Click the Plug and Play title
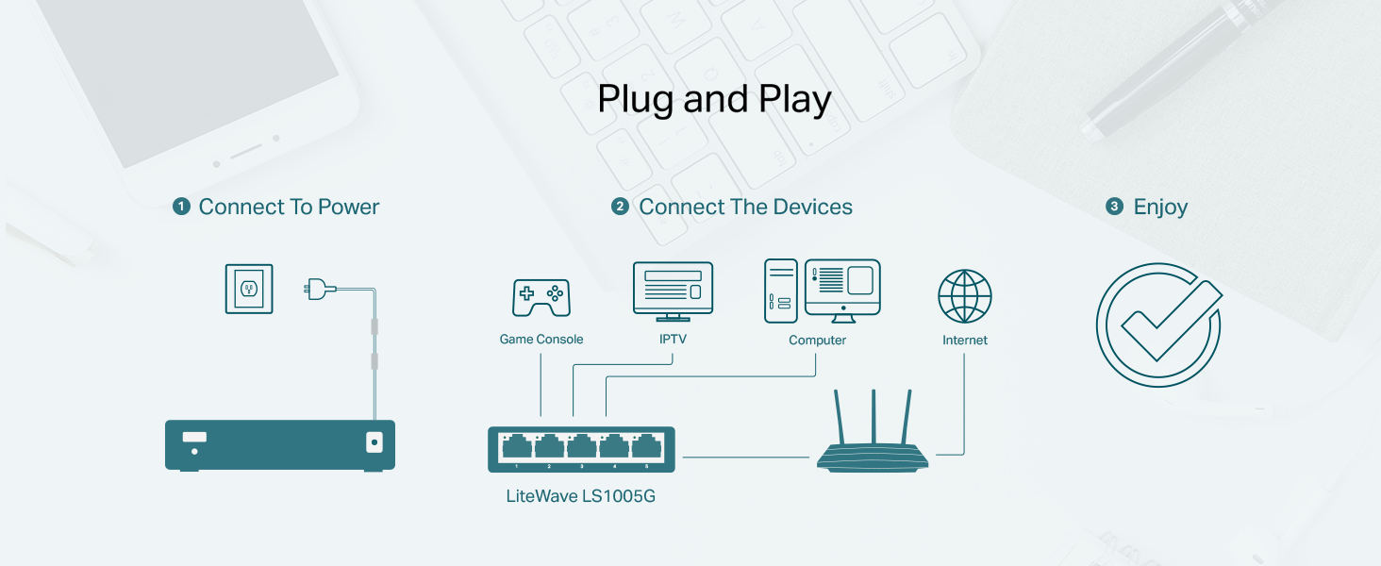coord(714,100)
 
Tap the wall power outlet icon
coord(249,289)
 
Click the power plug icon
coord(316,289)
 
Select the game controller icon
coord(541,297)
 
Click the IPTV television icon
coord(673,291)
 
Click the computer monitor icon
coord(842,289)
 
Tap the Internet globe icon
coord(964,296)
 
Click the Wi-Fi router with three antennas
coord(873,443)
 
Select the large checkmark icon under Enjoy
coord(1158,325)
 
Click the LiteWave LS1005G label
coord(580,495)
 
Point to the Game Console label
coord(541,340)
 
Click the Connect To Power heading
coord(289,208)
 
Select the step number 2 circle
coord(620,207)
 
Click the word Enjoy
coord(1160,208)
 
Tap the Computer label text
coord(817,341)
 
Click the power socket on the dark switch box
coord(374,441)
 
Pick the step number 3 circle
coord(1114,207)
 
